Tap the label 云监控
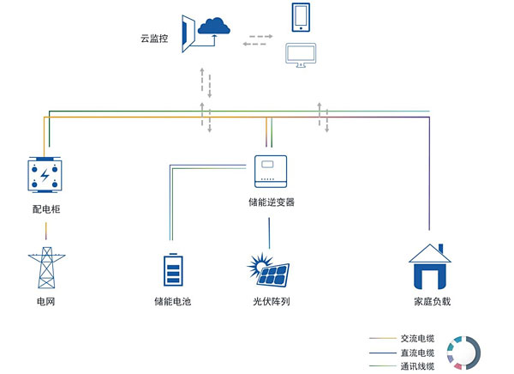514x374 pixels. tap(156, 39)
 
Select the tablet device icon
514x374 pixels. tap(301, 18)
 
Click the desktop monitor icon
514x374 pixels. tap(301, 57)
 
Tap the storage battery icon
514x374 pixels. tap(172, 268)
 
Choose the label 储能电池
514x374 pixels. tap(172, 302)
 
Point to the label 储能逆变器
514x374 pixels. tap(271, 202)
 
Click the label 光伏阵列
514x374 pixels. tap(271, 302)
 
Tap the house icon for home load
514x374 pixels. tap(430, 265)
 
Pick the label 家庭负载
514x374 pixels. tap(431, 302)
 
